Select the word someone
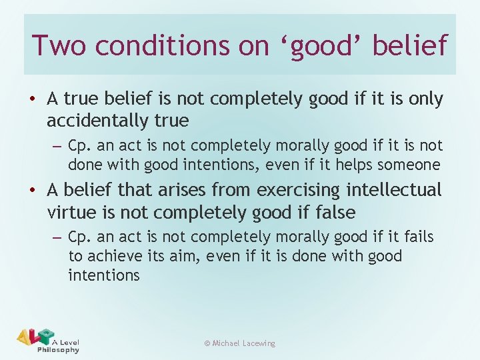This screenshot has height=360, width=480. pos(415,165)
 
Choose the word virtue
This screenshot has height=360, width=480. pos(74,213)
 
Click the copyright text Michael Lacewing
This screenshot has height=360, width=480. pos(240,343)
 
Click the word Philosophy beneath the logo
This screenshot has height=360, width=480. pos(58,350)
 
